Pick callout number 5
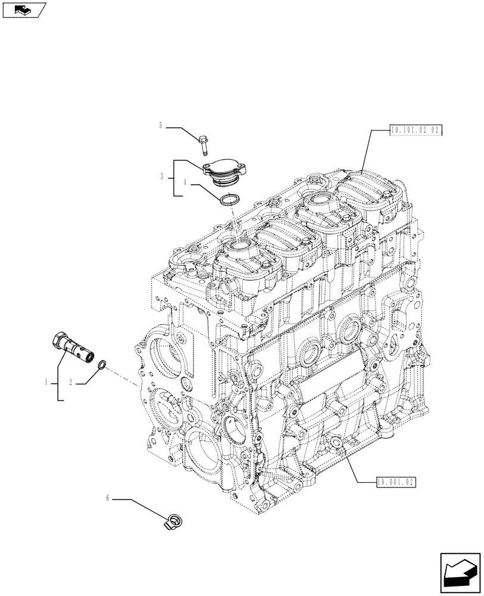coord(160,126)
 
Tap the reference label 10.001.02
coord(396,482)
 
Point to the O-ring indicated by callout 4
coord(229,200)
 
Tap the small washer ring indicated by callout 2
coord(103,364)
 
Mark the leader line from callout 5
coord(180,130)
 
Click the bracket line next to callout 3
coord(174,178)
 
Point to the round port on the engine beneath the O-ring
coord(241,244)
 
